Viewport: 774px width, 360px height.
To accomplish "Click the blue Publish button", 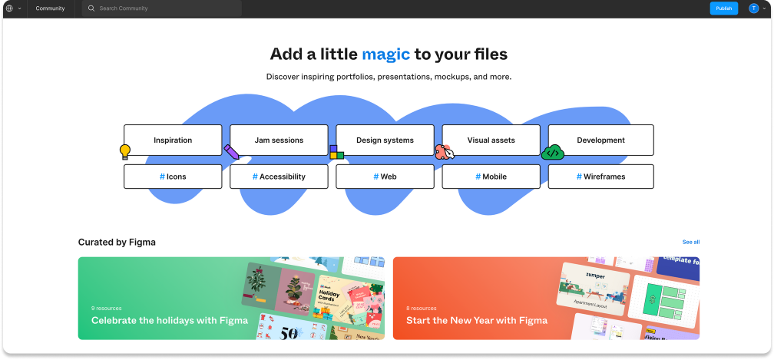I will tap(723, 8).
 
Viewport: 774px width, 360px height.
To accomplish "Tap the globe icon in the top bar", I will tap(9, 8).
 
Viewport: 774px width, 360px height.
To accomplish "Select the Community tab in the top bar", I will tap(50, 8).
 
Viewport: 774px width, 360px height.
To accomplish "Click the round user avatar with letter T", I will tap(753, 8).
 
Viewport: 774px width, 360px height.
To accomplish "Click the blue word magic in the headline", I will tap(385, 54).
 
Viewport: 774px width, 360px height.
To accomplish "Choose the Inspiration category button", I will tap(173, 140).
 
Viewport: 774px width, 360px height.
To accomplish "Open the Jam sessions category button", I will tap(279, 140).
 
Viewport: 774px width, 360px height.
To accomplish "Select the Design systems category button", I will tap(385, 140).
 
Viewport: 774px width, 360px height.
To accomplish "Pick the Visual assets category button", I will tap(491, 140).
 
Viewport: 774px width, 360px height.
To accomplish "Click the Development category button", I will tap(600, 140).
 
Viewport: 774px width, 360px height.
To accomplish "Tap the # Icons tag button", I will tap(173, 177).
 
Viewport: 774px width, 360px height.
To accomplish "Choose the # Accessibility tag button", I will tap(279, 177).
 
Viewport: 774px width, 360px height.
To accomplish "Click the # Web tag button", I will tap(385, 177).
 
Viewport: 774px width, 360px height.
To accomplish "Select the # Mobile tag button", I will tap(491, 177).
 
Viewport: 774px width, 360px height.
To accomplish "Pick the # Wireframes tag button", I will tap(600, 177).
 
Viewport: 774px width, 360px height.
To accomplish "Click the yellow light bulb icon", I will tap(125, 152).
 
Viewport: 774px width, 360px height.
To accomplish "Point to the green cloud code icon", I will tap(553, 153).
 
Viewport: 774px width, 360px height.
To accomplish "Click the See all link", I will tap(691, 242).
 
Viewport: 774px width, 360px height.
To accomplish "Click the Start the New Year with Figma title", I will tap(477, 320).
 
